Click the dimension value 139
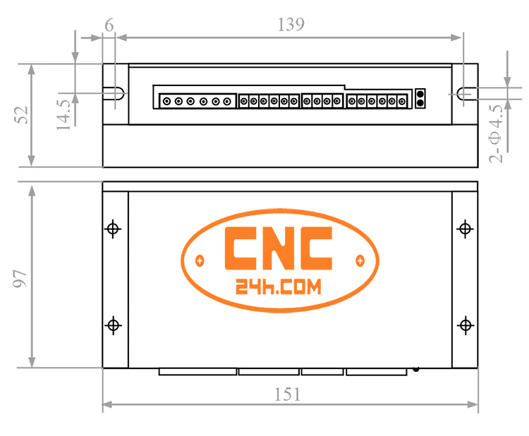(x=291, y=24)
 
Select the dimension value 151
(x=288, y=394)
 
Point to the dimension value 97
(x=20, y=277)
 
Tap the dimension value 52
(x=20, y=115)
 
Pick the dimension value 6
(x=109, y=24)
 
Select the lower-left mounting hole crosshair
(x=113, y=325)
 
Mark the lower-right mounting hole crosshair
(x=465, y=325)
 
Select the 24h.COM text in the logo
(x=277, y=286)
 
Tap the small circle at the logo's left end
(x=200, y=261)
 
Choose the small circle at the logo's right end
(x=360, y=261)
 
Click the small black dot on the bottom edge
(x=416, y=368)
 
